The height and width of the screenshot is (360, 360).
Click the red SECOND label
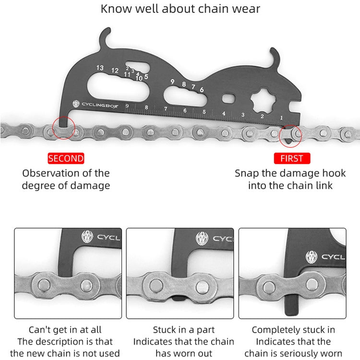pyautogui.click(x=66, y=158)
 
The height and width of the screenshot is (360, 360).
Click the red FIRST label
pyautogui.click(x=292, y=158)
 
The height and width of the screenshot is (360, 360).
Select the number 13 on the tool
pyautogui.click(x=99, y=68)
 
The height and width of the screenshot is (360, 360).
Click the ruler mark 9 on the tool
pyautogui.click(x=127, y=106)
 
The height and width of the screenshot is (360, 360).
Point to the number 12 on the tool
pyautogui.click(x=115, y=71)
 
